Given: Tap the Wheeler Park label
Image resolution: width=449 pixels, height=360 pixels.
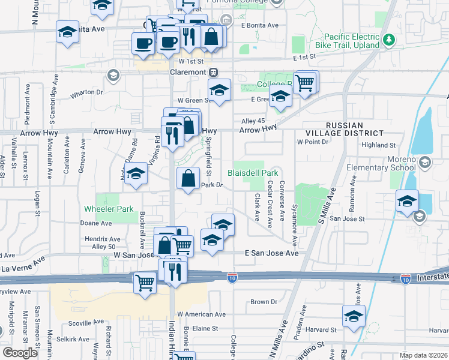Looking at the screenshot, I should click(108, 209).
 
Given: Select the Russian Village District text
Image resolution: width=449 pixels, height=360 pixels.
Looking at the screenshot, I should click(354, 129).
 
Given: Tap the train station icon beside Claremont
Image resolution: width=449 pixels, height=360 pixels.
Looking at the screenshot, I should click(213, 72).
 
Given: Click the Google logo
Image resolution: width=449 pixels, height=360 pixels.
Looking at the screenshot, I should click(20, 353).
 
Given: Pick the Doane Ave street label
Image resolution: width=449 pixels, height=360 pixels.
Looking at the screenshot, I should click(96, 223).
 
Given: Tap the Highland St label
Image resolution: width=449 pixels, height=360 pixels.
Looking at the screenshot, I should click(379, 145).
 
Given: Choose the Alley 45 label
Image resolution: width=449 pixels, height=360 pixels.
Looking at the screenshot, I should click(253, 121).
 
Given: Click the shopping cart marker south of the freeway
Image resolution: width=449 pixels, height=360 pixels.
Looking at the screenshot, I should click(145, 281).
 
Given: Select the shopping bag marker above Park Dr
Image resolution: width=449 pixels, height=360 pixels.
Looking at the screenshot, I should click(188, 178).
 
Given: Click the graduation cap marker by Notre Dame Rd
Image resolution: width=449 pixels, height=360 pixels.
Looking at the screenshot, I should click(136, 175).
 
